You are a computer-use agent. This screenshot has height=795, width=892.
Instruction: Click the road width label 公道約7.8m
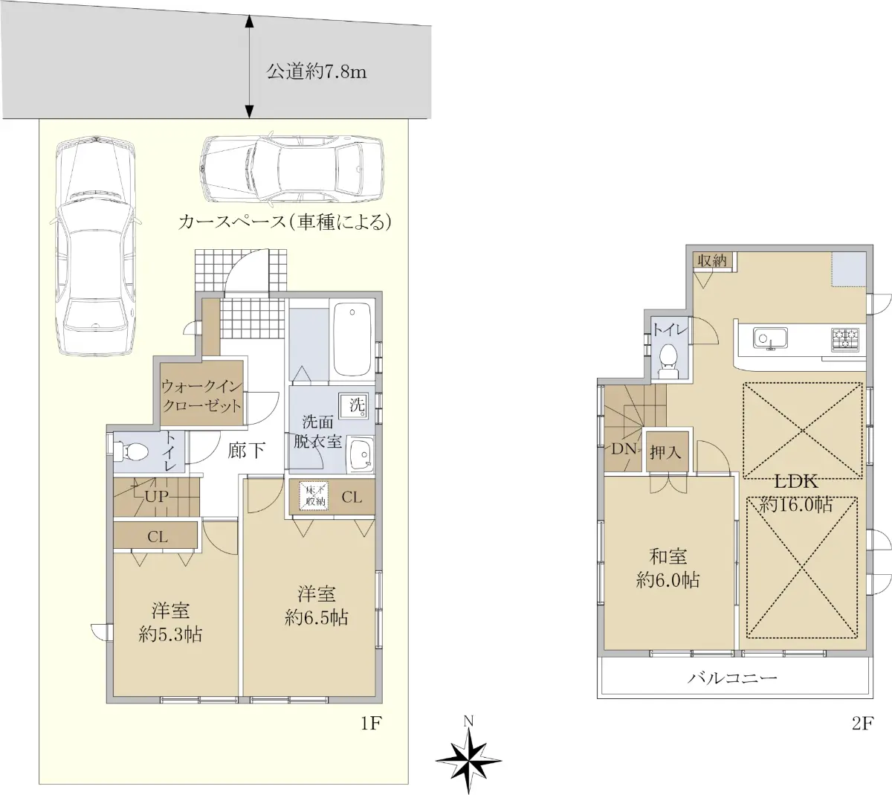tap(316, 72)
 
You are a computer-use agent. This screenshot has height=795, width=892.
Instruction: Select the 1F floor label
tap(371, 723)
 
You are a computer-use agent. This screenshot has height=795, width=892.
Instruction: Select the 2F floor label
tap(862, 724)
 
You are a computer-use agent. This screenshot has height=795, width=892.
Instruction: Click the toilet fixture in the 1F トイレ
tap(131, 451)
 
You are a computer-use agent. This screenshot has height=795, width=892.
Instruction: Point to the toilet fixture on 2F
tap(669, 360)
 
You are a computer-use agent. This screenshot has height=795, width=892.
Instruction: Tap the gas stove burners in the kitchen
tap(845, 340)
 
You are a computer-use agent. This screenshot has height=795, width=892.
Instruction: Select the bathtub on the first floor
tap(352, 340)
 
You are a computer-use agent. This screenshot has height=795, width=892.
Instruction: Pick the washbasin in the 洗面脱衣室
tap(361, 454)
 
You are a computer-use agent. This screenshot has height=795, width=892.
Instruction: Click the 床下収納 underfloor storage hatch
tap(314, 496)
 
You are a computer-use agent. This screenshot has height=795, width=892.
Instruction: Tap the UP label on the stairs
tap(157, 496)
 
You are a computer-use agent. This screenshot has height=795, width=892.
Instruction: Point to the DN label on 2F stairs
tap(624, 448)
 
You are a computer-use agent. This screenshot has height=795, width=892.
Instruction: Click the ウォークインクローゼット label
tap(202, 396)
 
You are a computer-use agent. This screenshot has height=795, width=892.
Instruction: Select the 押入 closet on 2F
tap(667, 452)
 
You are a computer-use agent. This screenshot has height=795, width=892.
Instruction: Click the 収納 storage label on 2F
tap(712, 261)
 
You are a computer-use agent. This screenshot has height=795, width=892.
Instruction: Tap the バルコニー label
tap(732, 677)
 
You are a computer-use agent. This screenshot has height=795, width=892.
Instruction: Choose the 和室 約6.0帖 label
tap(668, 568)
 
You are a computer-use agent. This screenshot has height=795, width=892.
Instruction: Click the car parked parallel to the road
tap(291, 168)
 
